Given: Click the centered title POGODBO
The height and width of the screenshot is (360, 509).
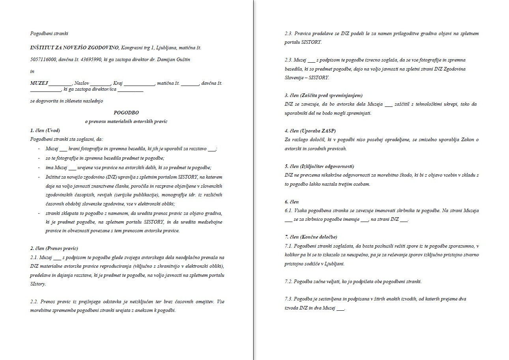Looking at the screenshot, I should (126, 112).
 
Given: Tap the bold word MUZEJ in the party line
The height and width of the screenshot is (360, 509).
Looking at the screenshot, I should (39, 83).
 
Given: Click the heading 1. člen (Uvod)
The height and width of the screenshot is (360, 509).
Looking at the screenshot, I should (45, 130).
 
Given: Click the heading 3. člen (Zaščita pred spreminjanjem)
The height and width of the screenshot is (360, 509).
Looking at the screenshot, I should (324, 95).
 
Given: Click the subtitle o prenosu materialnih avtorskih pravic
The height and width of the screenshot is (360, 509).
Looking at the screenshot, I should (126, 121).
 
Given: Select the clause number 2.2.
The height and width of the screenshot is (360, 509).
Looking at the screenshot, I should (34, 302).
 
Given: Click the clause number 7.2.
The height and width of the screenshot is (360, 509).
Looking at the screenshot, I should (288, 282).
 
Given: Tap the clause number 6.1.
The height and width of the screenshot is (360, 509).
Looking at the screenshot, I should (288, 211).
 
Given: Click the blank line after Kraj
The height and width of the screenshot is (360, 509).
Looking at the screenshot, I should (139, 84).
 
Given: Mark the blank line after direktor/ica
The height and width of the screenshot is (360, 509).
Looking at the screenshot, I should (130, 90).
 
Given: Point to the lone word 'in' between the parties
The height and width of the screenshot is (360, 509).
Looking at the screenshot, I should (32, 71).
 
